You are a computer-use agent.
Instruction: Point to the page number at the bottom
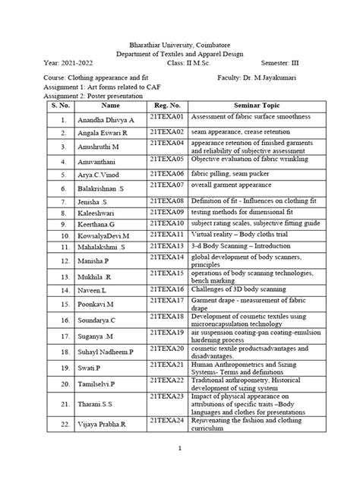tap(181, 470)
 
